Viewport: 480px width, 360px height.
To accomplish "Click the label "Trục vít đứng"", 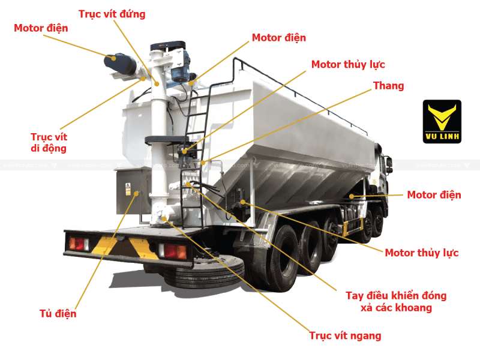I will tap(112, 13).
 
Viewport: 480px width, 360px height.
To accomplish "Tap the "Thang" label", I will tap(388, 86).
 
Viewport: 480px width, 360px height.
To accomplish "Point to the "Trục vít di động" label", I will tap(49, 143).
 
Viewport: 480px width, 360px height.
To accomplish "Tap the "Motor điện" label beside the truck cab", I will tap(434, 194).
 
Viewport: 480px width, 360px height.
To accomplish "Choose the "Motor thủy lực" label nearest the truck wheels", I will tap(421, 253).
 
